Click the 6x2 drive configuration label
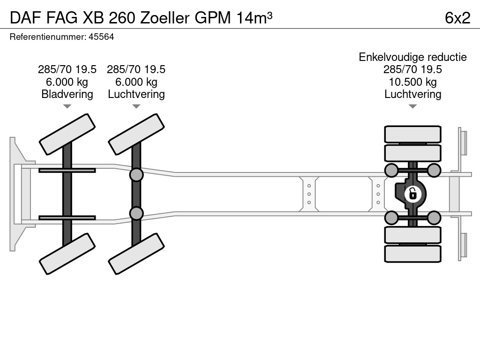coord(457,17)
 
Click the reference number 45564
coord(101,37)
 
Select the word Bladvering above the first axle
coord(67,94)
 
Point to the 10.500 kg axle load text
coord(412,82)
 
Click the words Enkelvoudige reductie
coord(412,57)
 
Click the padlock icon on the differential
coord(412,193)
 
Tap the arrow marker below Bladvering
coord(67,106)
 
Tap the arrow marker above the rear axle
coord(412,106)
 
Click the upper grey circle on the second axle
coord(136,175)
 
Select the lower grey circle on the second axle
coord(136,213)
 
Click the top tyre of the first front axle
coord(67,134)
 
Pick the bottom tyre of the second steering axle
coord(136,254)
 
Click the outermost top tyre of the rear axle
coord(412,134)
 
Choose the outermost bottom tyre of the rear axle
coord(412,254)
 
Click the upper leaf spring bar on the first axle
coord(67,170)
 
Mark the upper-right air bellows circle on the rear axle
coord(434,170)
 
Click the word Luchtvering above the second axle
coord(136,94)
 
